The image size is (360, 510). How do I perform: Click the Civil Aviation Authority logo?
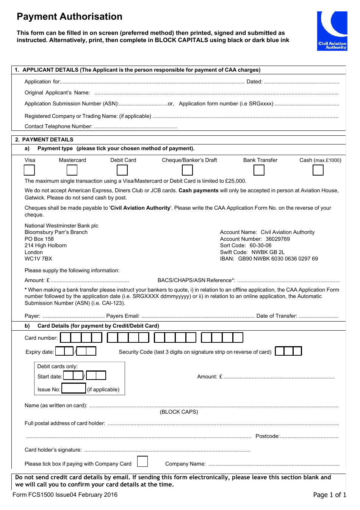[x=332, y=31]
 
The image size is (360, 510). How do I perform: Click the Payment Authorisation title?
[x=69, y=17]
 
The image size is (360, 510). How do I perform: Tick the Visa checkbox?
[x=30, y=170]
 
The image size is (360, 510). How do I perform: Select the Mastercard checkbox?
[x=72, y=170]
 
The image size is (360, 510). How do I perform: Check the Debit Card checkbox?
[x=122, y=170]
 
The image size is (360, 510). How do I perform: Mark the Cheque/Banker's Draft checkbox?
[x=188, y=170]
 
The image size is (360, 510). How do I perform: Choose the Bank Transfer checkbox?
[x=259, y=170]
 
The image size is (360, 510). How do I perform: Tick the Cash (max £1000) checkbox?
[x=318, y=170]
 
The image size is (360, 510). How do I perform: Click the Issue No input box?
[x=74, y=388]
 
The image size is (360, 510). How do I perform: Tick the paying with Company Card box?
[x=142, y=461]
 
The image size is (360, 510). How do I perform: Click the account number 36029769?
[x=278, y=239]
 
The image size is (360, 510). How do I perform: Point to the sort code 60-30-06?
[x=260, y=245]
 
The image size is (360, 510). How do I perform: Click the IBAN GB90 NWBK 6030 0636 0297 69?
[x=278, y=259]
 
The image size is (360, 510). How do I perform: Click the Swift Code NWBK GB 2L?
[x=268, y=252]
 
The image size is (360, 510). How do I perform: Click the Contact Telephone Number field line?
[x=135, y=127]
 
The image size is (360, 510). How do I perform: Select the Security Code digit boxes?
[x=288, y=351]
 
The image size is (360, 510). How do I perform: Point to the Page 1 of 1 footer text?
[x=329, y=494]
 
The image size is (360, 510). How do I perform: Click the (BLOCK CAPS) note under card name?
[x=179, y=412]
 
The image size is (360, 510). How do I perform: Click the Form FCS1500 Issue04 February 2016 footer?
[x=65, y=494]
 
